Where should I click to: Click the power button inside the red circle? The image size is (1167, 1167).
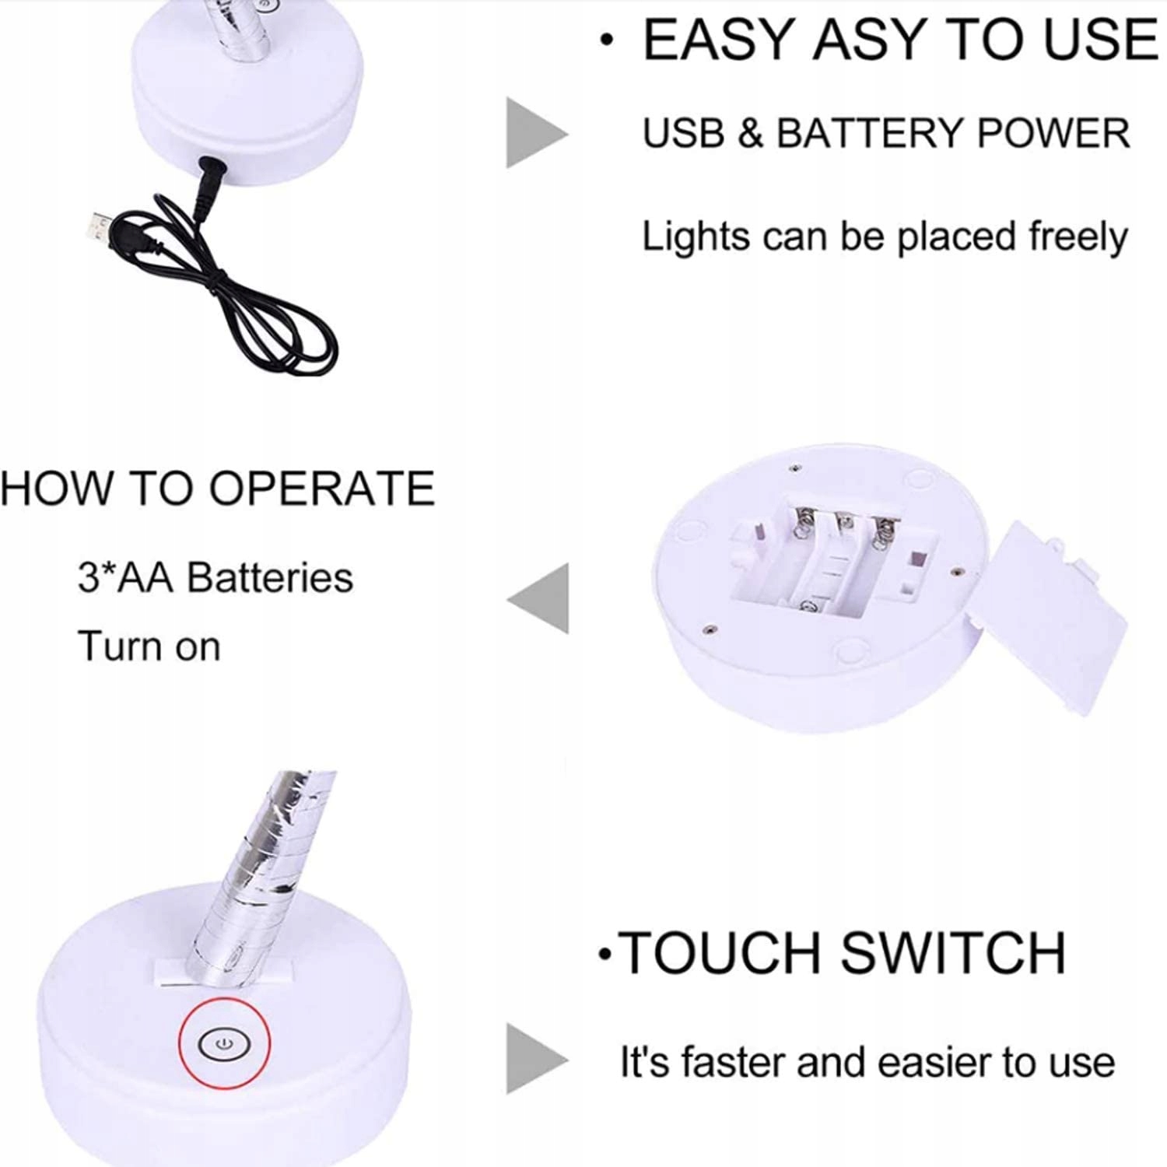[224, 1043]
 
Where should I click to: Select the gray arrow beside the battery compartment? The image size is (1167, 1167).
[538, 599]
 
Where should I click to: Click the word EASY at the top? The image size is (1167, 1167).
[721, 40]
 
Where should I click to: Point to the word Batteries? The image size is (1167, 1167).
[270, 578]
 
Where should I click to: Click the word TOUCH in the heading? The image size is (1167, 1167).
[724, 952]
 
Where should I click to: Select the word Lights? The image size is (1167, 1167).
[696, 237]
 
